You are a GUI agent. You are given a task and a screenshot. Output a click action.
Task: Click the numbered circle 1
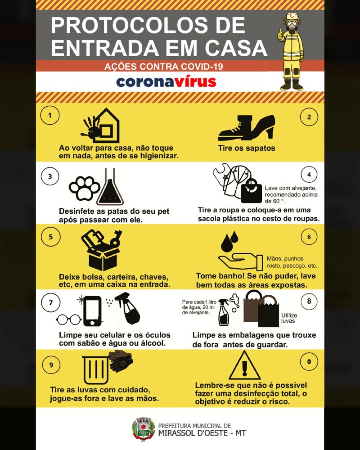click(x=50, y=115)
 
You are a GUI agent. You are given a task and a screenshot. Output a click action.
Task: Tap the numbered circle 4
click(x=309, y=175)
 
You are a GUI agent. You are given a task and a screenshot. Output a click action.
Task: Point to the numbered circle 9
click(x=51, y=365)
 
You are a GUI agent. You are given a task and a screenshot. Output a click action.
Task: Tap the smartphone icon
click(x=92, y=311)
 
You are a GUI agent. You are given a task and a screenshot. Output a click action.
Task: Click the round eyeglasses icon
click(x=69, y=319)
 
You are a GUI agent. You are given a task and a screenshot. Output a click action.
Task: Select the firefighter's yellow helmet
click(x=292, y=17)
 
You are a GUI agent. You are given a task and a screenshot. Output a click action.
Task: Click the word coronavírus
click(x=166, y=82)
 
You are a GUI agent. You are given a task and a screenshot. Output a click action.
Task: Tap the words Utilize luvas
click(x=289, y=318)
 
